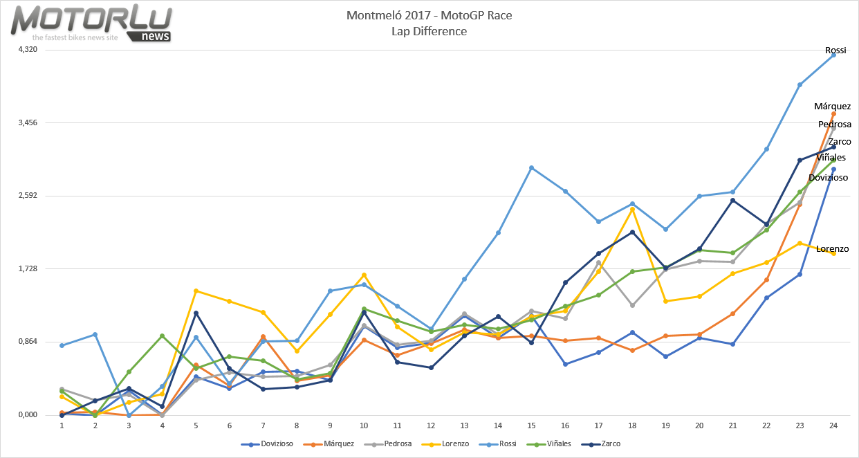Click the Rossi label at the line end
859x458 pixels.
(x=835, y=51)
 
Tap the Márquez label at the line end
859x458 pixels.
(x=832, y=107)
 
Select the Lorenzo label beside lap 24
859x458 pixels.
(x=832, y=249)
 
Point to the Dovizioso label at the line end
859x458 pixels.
(x=828, y=178)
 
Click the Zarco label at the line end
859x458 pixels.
(x=839, y=142)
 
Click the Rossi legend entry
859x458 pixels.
(x=503, y=443)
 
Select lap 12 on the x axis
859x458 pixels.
(x=430, y=425)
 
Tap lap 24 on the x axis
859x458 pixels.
(x=833, y=425)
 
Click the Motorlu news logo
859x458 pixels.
(x=91, y=23)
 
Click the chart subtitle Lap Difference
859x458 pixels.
(x=429, y=32)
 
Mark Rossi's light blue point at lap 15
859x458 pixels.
(x=531, y=167)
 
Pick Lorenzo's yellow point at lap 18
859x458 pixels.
(x=631, y=209)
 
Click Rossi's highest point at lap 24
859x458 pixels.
(x=833, y=55)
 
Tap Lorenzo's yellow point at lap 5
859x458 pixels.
(x=196, y=291)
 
